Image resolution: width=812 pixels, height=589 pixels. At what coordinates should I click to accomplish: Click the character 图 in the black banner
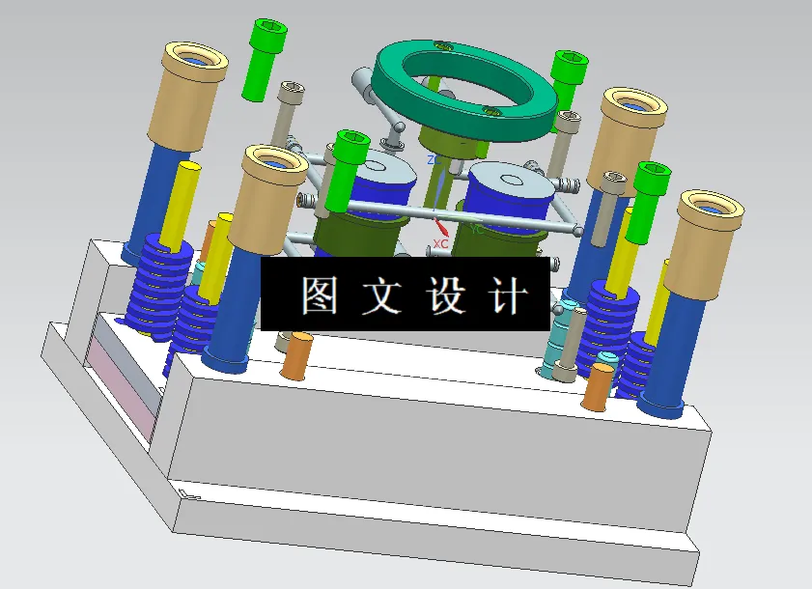point(319,295)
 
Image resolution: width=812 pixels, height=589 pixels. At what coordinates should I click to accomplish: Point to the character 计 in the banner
point(509,295)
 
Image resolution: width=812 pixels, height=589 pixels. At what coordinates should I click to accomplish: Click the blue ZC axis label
point(434,160)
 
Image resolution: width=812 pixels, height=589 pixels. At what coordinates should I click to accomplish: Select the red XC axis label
point(440,243)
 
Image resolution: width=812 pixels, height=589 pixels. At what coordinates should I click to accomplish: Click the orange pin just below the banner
point(297,354)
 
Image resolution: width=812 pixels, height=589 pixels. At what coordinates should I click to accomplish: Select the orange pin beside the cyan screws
point(597,386)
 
